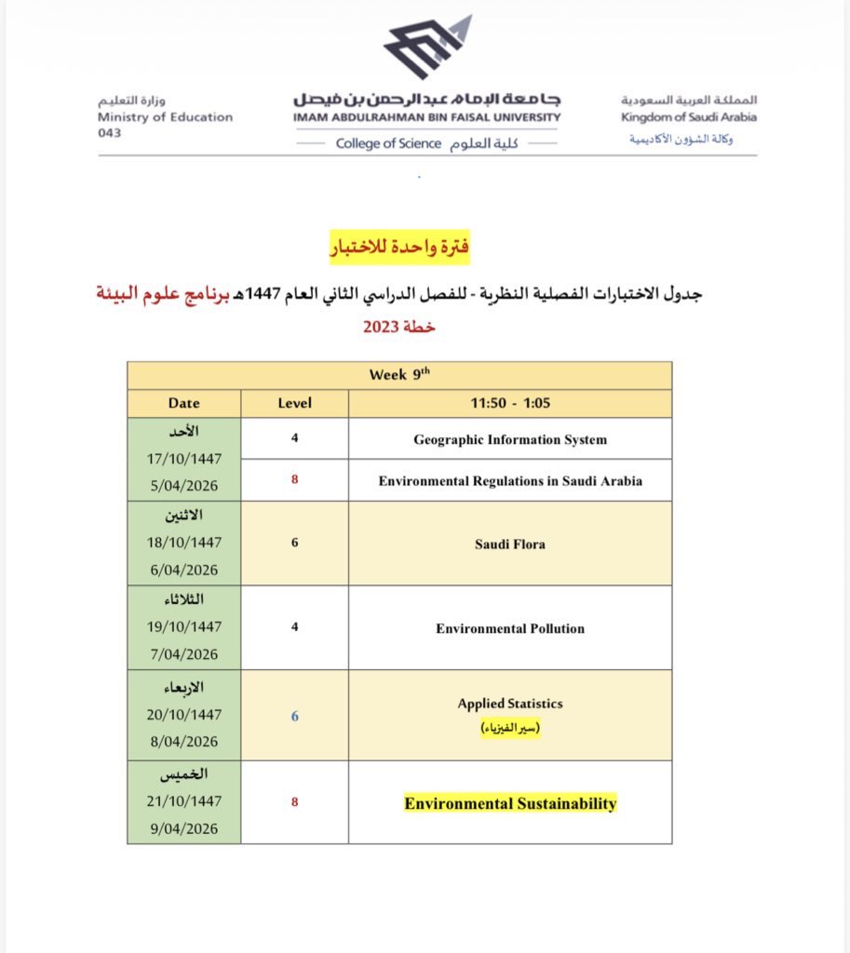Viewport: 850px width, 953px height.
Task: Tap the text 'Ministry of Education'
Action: tap(165, 117)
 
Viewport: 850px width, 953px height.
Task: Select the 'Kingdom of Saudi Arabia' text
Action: tap(688, 117)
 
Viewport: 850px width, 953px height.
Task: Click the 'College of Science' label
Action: tap(388, 144)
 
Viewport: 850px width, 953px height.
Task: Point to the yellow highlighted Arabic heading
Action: tap(399, 248)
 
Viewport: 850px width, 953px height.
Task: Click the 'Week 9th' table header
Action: tap(399, 375)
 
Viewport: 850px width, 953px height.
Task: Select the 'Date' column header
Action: tap(183, 403)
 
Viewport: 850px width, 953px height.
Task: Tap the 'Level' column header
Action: tap(294, 403)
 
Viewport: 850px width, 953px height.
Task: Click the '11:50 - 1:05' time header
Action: tap(509, 403)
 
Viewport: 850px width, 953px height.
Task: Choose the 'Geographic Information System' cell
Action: tap(509, 439)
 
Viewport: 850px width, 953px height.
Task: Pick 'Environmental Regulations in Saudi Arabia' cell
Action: tap(509, 481)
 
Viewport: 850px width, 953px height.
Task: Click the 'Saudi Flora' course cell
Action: tap(509, 544)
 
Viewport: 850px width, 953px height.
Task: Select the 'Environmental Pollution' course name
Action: tap(509, 628)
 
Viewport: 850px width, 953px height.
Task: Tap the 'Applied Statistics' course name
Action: tap(509, 704)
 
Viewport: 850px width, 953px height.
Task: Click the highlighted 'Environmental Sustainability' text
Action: tap(509, 803)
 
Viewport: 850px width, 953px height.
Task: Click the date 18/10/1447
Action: tap(183, 542)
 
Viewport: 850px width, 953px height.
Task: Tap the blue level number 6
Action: tap(294, 716)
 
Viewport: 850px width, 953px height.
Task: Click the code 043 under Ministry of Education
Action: tap(109, 132)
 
